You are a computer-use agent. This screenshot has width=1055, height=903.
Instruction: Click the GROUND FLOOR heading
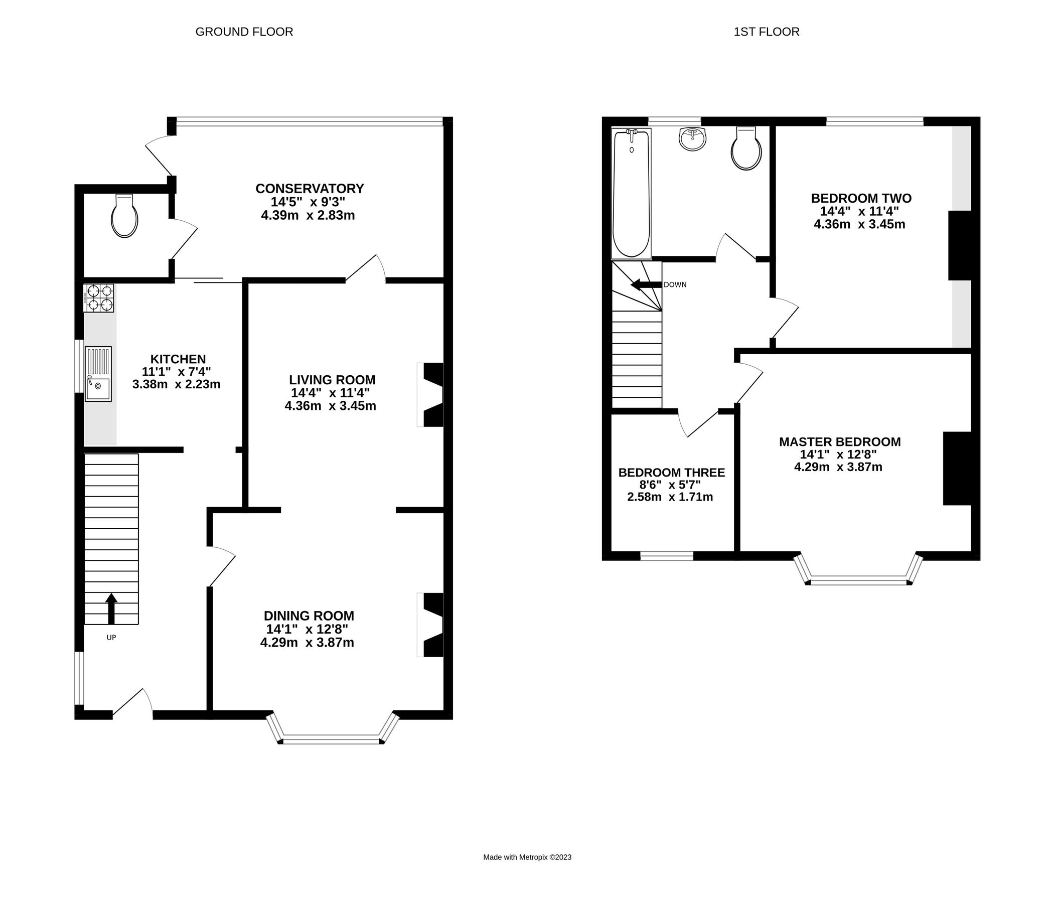(244, 32)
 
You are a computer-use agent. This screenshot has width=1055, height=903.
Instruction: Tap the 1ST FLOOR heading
(766, 32)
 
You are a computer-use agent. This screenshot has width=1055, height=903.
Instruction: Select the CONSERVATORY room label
(309, 189)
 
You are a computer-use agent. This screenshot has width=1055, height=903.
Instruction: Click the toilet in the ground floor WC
(124, 216)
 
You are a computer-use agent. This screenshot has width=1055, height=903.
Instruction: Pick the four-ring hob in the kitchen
(99, 298)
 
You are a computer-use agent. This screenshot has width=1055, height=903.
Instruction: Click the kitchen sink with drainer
(98, 374)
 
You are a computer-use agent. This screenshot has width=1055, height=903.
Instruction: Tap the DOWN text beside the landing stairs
(675, 285)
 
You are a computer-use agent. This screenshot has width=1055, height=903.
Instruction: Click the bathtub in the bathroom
(631, 194)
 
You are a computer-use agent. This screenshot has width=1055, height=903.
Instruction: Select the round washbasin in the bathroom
(692, 139)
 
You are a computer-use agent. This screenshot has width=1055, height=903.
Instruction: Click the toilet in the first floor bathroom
(746, 148)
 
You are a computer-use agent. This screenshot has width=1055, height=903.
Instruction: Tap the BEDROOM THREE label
(671, 473)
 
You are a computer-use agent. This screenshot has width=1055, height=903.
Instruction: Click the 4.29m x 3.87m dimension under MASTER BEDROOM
(838, 467)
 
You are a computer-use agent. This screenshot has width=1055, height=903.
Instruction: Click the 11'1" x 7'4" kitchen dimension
(176, 371)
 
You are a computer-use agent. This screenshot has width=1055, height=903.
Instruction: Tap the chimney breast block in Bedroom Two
(959, 245)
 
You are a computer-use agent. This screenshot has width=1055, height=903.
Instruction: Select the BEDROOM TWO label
(860, 198)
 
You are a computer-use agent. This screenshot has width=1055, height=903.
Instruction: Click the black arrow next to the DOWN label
(646, 285)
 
